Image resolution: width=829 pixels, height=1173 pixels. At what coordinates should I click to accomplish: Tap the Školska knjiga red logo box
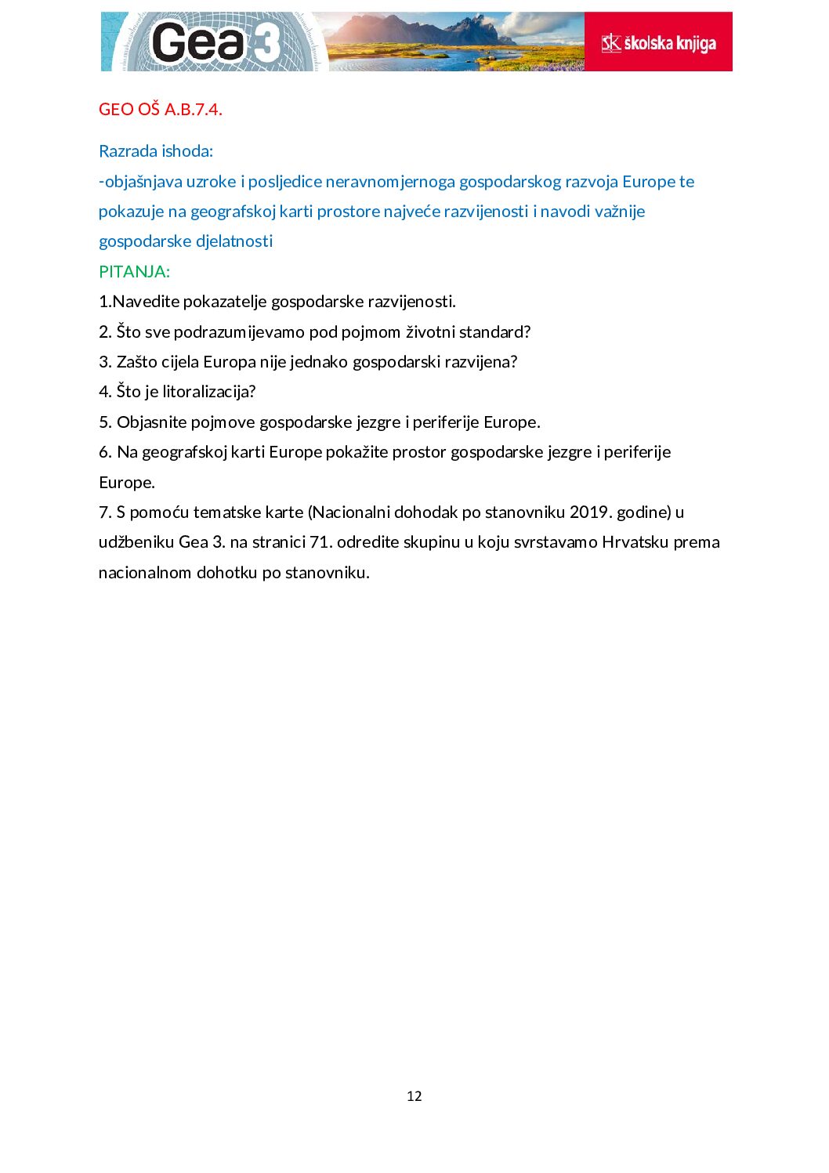658,42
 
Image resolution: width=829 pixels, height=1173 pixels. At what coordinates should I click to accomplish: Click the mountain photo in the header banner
454,42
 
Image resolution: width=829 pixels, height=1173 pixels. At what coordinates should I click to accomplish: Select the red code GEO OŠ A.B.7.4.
161,110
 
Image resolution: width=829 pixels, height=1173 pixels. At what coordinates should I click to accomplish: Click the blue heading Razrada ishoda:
156,151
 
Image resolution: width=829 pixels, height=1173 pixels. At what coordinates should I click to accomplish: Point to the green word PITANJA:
134,272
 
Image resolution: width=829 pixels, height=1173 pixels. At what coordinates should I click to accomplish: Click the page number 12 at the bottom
414,1096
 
